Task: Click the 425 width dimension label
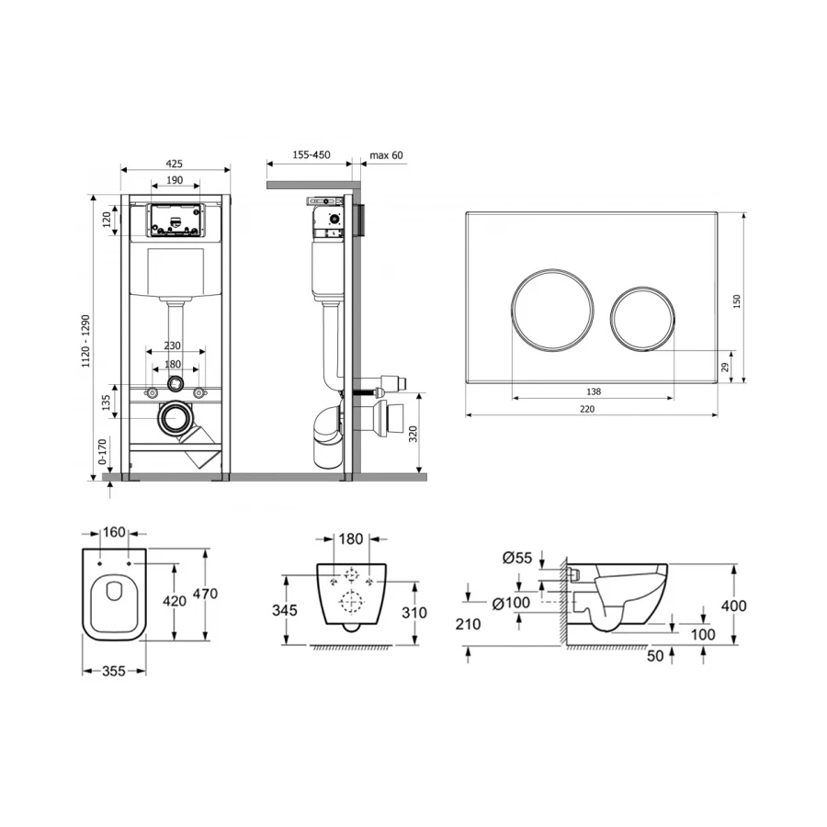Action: pos(174,164)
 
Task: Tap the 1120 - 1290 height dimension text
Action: pos(85,341)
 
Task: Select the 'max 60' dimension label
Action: pos(386,155)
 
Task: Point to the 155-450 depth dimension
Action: pos(312,154)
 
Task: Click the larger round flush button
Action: pos(552,310)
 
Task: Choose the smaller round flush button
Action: pos(643,319)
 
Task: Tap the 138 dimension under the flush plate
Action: pos(594,391)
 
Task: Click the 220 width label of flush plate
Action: pos(587,409)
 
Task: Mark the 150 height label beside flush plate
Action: pos(737,301)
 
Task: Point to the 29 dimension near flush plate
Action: pos(725,367)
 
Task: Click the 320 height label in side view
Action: pos(413,434)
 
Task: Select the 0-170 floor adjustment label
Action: pos(102,451)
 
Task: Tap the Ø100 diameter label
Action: pos(511,603)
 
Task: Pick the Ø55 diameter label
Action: pos(516,558)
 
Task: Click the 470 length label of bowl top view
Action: pos(205,594)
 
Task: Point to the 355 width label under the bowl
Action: pos(114,671)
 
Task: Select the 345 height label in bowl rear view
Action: pos(285,610)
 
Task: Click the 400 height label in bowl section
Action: pos(734,606)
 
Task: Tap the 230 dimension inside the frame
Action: pos(173,346)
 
